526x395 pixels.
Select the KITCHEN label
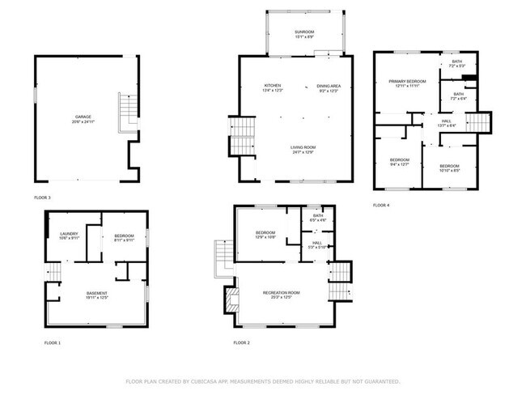[272, 87]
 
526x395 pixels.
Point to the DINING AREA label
[328, 87]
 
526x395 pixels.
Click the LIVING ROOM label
[302, 148]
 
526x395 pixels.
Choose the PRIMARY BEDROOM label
[405, 83]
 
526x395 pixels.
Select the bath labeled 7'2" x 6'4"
[458, 96]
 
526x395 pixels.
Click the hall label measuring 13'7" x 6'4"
[447, 123]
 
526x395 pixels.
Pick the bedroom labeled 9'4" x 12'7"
[400, 161]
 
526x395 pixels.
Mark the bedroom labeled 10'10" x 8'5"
[449, 167]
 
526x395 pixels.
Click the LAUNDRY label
[69, 236]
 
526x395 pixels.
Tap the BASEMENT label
[97, 294]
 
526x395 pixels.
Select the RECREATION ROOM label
[282, 294]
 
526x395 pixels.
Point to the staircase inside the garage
[126, 113]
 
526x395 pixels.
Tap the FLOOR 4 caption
[381, 206]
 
